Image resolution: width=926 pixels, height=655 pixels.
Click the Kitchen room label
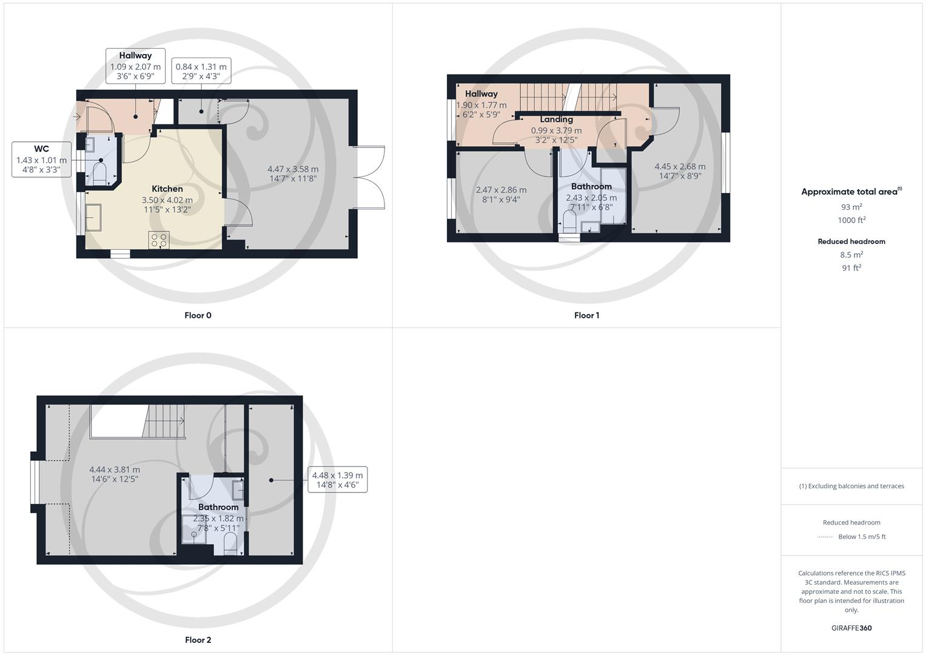coord(167,189)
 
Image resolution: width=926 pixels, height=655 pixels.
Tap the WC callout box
coord(41,160)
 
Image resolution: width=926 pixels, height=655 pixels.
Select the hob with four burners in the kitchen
coord(159,240)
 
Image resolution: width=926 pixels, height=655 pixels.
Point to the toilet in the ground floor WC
coord(100,172)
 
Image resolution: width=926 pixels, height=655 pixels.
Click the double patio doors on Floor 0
coord(369,178)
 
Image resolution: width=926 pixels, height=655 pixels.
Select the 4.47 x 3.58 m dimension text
coord(292,170)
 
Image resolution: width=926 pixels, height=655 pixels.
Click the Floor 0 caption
coord(198,315)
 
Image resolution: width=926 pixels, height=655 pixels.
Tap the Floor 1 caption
coord(586,315)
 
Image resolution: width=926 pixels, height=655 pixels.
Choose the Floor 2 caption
coord(198,640)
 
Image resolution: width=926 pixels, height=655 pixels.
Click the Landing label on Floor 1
coord(556,119)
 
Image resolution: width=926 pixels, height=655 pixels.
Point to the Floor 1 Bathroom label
coord(591,186)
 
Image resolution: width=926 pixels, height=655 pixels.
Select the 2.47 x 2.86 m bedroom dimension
coord(501,190)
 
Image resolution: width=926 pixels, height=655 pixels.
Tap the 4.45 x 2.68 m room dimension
coord(680,166)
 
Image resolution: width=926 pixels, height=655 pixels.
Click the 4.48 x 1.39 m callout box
coord(337,480)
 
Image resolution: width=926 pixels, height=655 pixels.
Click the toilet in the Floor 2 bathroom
coord(230,544)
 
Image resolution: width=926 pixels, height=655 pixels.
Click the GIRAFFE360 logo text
coord(851,628)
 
